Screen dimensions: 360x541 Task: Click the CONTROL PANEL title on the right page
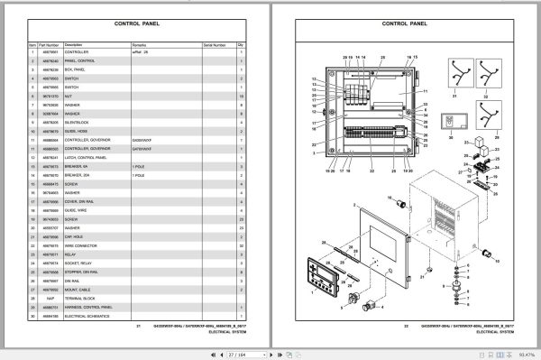402,26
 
